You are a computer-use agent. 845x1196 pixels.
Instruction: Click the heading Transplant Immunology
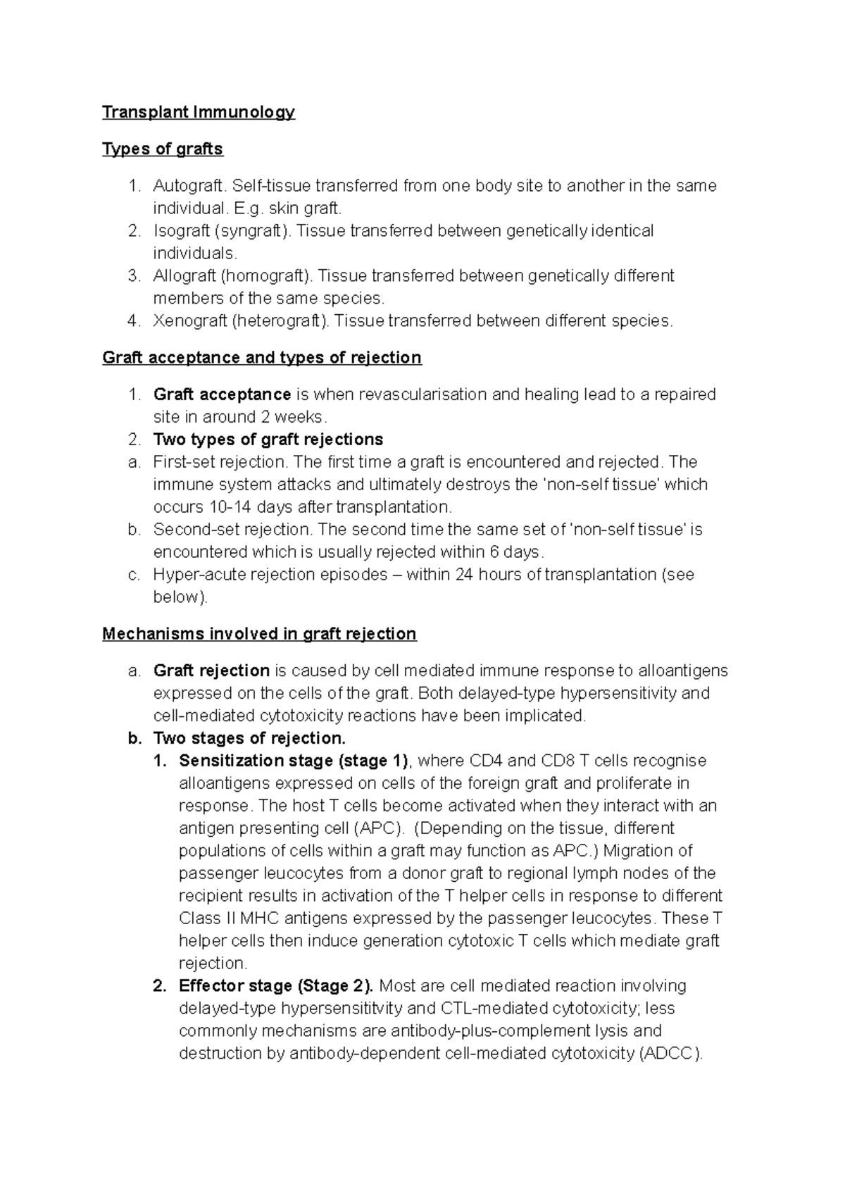[199, 113]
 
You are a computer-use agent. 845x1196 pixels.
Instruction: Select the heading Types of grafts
[163, 149]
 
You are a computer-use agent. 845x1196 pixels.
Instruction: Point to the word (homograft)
[265, 276]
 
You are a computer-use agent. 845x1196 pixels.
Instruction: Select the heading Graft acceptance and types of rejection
[262, 358]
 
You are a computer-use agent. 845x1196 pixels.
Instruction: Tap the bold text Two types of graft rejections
[268, 440]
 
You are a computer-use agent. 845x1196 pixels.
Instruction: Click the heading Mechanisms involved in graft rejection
[259, 634]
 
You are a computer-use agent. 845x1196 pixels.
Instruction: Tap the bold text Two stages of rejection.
[249, 738]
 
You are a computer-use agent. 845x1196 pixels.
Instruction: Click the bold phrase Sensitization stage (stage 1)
[294, 761]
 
